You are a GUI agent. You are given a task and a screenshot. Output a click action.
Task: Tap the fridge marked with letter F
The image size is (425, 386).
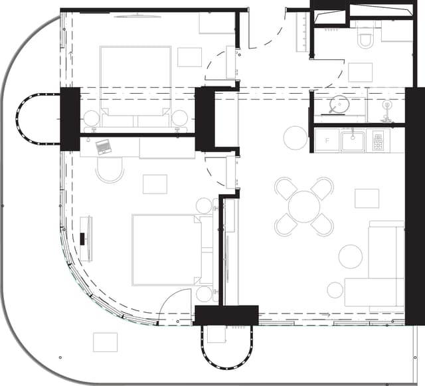pyautogui.click(x=326, y=141)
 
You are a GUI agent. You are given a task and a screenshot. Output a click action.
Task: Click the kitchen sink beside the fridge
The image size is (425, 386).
pyautogui.click(x=353, y=140)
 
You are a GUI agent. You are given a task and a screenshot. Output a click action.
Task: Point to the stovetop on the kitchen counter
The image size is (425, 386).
pyautogui.click(x=378, y=140)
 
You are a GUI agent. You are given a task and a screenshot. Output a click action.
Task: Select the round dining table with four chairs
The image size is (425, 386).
pyautogui.click(x=305, y=206)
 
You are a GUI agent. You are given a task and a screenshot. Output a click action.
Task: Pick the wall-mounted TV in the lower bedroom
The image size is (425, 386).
pyautogui.click(x=84, y=230)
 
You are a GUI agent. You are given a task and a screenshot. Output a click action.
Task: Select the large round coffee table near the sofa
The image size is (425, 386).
pyautogui.click(x=351, y=256)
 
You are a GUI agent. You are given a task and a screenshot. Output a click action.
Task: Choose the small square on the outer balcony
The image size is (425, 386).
pyautogui.click(x=105, y=342)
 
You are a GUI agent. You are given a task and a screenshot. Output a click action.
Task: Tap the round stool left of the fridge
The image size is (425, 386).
pyautogui.click(x=296, y=138)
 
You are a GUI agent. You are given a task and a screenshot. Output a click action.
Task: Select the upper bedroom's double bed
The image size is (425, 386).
pyautogui.click(x=135, y=84)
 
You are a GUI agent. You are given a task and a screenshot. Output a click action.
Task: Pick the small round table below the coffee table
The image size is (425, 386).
pyautogui.click(x=335, y=290)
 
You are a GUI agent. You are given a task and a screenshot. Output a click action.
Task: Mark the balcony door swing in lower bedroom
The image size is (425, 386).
pyautogui.click(x=174, y=306)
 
